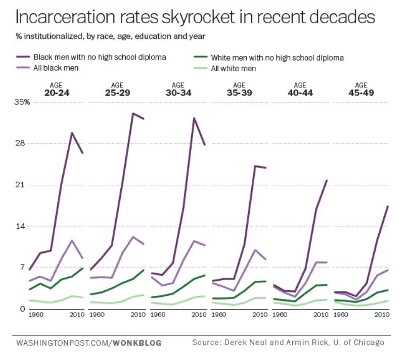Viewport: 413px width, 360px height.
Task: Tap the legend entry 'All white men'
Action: point(233,68)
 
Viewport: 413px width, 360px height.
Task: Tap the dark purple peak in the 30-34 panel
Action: point(194,118)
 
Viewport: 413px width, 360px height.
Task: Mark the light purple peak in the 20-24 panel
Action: point(72,240)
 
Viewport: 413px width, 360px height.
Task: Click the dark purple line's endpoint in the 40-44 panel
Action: point(327,180)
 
